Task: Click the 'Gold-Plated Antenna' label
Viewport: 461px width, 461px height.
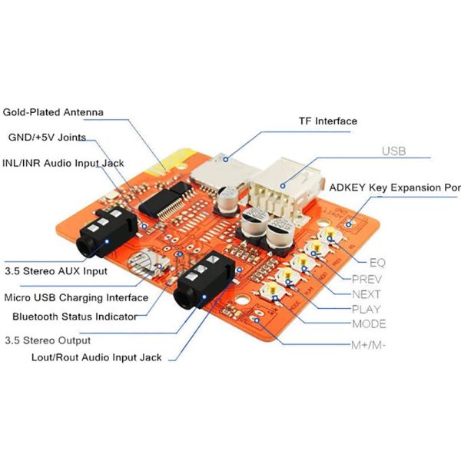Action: coord(53,112)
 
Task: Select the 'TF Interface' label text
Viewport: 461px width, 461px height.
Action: coord(328,121)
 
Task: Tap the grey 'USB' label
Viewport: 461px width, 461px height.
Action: coord(393,151)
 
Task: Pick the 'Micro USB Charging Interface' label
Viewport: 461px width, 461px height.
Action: coord(76,297)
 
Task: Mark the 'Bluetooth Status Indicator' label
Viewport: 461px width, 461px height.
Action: coord(75,317)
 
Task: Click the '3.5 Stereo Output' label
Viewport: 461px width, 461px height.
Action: coord(48,340)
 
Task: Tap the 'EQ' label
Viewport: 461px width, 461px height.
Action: coord(377,262)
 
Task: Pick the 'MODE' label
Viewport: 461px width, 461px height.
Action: coord(369,324)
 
